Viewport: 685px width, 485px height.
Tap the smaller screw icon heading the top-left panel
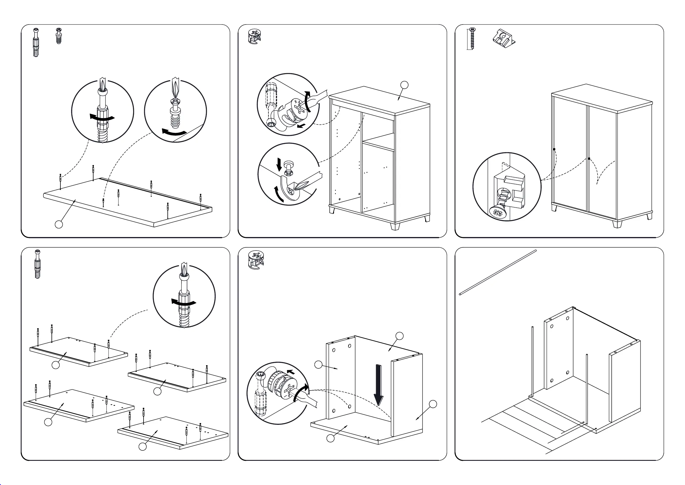59,36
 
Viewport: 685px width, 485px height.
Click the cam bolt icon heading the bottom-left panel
38,264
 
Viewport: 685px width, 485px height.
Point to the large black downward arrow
379,385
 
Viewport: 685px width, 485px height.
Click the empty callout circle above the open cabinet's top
404,85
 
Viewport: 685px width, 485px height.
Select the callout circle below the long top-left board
59,224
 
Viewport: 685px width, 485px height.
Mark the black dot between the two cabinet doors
589,159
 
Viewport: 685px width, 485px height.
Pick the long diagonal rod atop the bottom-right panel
498,272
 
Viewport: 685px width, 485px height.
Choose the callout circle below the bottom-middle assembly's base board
330,438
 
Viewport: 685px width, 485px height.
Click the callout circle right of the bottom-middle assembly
433,404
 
